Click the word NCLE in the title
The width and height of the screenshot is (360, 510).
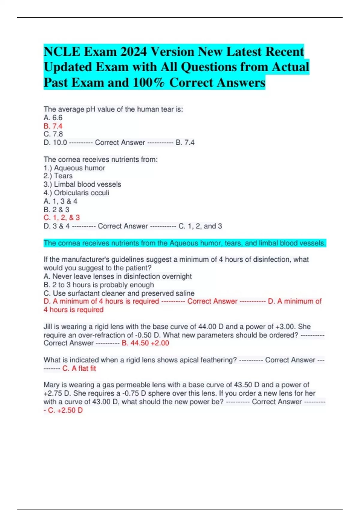(x=62, y=52)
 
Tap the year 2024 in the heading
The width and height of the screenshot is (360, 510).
(x=134, y=52)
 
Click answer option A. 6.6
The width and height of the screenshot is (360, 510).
(x=53, y=118)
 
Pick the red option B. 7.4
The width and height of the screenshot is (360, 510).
(x=53, y=126)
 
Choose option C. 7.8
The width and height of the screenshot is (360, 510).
(x=53, y=134)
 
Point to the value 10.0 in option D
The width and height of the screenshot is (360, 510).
(x=60, y=142)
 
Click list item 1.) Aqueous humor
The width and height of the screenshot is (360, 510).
(x=74, y=168)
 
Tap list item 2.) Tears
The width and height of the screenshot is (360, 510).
(x=58, y=176)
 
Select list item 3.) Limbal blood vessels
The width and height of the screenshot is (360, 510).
(x=82, y=184)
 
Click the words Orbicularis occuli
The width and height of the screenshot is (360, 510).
(x=82, y=193)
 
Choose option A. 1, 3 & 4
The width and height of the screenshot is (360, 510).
(x=61, y=201)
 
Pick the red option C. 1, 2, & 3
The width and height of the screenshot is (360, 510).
(x=62, y=217)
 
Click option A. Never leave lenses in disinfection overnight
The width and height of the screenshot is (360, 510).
(x=118, y=276)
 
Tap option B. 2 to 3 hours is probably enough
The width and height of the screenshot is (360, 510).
(x=99, y=285)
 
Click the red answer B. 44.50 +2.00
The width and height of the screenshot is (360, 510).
(x=145, y=343)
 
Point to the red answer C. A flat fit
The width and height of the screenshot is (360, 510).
(x=79, y=368)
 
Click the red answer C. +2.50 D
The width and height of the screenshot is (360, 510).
(x=65, y=410)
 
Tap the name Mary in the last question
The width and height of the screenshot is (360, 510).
(x=52, y=385)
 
